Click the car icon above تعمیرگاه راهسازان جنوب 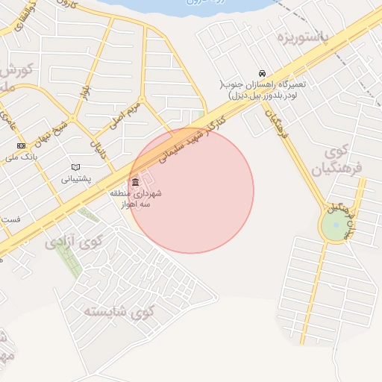(x=262, y=73)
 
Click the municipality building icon (x=134, y=183)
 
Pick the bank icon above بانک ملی (x=20, y=145)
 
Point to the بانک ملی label (x=21, y=157)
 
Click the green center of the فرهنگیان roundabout (x=336, y=225)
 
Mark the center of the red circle (x=191, y=191)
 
